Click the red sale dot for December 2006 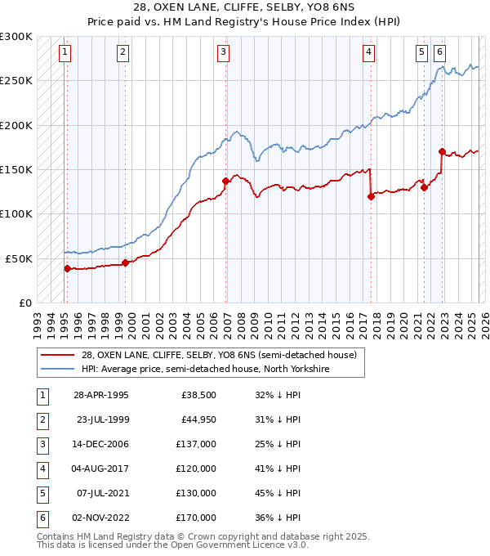(225, 181)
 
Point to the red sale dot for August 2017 (371, 196)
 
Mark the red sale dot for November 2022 (442, 151)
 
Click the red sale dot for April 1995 (67, 268)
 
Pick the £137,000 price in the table (198, 443)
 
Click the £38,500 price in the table (198, 394)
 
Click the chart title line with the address (245, 9)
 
